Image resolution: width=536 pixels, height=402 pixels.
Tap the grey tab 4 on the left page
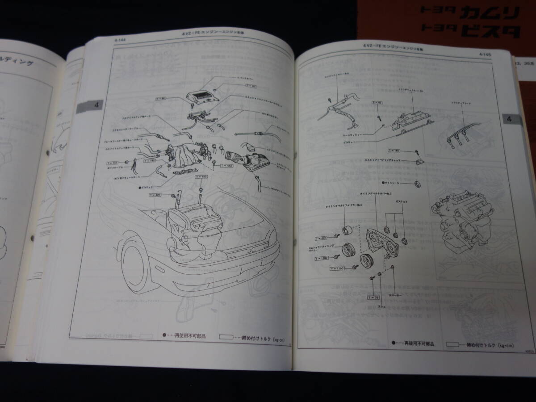coord(92,107)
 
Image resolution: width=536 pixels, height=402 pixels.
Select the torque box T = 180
coord(394,151)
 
